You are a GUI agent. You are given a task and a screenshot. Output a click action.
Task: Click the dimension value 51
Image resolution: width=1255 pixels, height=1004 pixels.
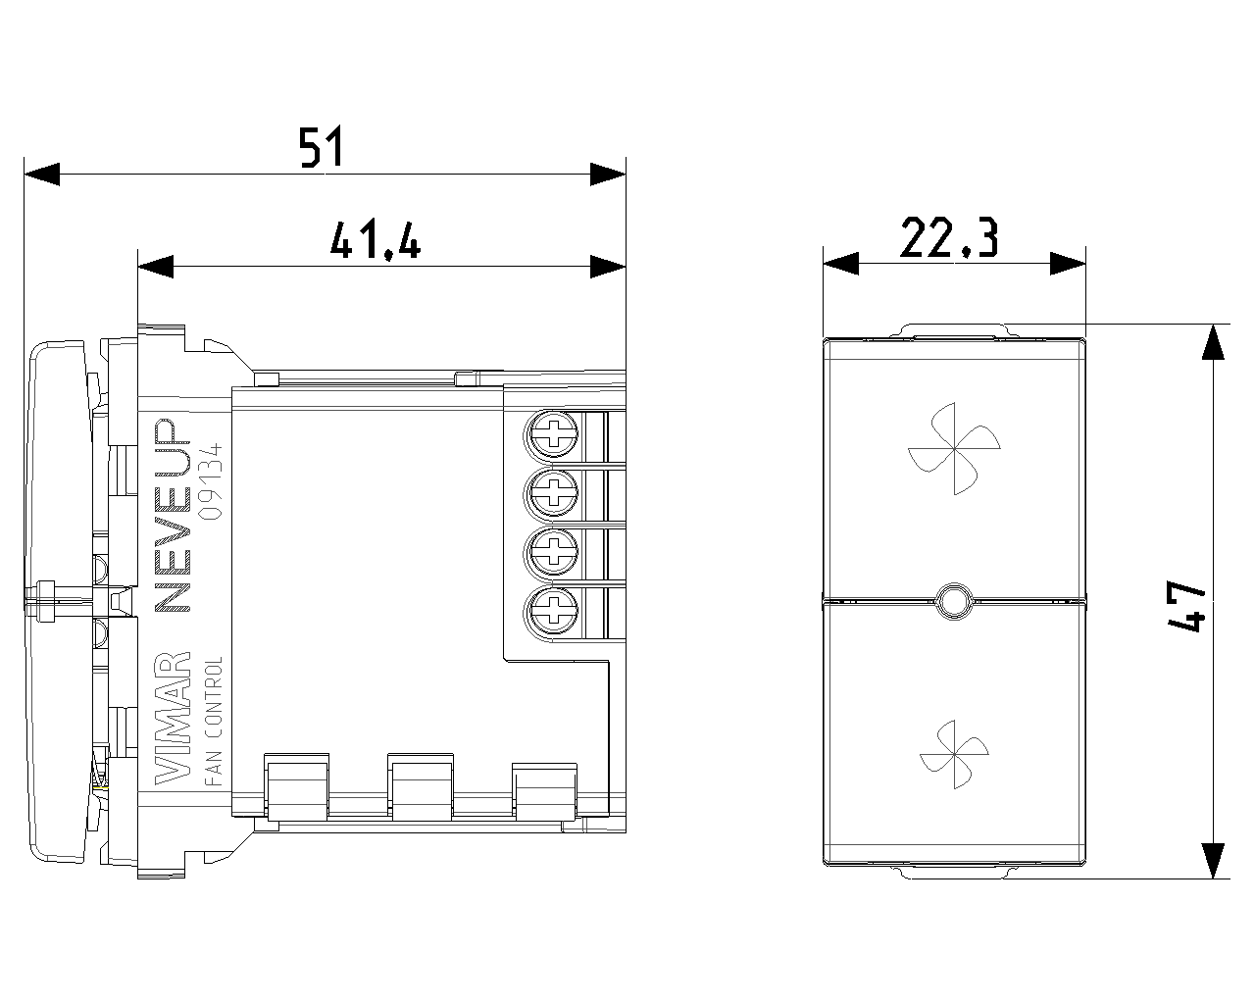pyautogui.click(x=321, y=147)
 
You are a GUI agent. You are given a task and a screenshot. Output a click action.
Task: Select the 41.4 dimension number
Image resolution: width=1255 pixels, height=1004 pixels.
pyautogui.click(x=375, y=240)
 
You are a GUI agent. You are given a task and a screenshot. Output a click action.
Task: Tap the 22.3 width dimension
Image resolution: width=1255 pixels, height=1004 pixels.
pyautogui.click(x=949, y=237)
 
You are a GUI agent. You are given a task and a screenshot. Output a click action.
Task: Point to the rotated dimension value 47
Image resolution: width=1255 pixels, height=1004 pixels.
pyautogui.click(x=1186, y=606)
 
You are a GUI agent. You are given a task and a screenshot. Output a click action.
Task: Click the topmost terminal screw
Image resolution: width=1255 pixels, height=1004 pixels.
pyautogui.click(x=553, y=433)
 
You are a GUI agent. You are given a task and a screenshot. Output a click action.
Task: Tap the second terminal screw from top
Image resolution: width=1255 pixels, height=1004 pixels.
pyautogui.click(x=553, y=492)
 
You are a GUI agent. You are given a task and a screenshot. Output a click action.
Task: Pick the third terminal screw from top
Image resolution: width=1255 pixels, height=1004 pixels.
pyautogui.click(x=553, y=551)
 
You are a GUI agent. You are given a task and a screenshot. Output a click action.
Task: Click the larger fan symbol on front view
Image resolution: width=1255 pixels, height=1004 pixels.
pyautogui.click(x=954, y=449)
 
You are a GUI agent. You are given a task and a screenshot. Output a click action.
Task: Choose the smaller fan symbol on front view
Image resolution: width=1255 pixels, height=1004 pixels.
pyautogui.click(x=954, y=754)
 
